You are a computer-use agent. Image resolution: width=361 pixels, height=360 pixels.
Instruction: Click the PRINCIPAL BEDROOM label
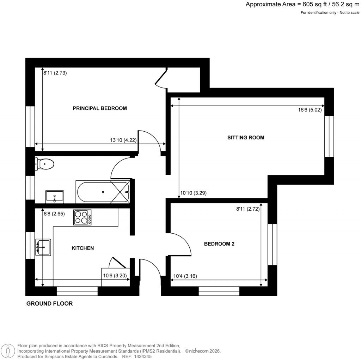pos(99,108)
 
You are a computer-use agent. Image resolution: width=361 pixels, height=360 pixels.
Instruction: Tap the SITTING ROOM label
pos(246,138)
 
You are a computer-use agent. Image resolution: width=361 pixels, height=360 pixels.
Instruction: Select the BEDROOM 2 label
pos(219,244)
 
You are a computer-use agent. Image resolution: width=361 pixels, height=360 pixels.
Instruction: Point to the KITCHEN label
pos(83,248)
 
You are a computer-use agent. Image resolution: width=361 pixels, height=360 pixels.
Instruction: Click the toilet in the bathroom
pos(45,164)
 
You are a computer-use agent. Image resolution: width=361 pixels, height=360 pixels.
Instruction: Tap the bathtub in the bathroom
pos(103,192)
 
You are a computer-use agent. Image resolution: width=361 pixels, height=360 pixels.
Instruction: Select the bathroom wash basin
pos(54,196)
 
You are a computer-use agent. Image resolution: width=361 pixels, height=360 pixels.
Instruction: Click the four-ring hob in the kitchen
pos(82,217)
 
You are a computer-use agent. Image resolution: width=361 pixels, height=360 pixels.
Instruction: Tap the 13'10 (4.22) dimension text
pos(123,140)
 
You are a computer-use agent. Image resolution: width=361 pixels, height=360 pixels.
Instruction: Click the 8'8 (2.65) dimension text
pos(55,213)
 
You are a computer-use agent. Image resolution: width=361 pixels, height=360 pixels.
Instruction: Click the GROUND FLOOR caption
pos(50,304)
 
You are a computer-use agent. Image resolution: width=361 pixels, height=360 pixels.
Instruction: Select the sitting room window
pos(329,136)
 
